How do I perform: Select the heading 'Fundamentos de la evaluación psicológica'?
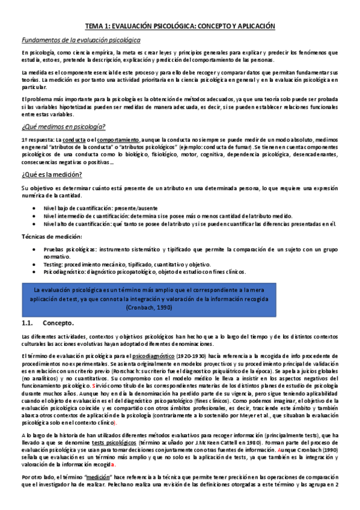point(81,40)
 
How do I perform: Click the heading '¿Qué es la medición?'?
point(52,175)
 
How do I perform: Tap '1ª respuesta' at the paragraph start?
point(37,139)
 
